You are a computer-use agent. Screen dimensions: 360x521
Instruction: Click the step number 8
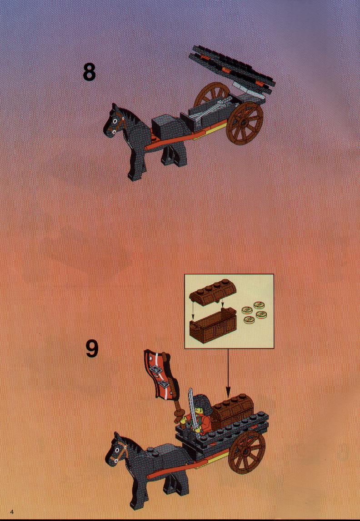click(89, 72)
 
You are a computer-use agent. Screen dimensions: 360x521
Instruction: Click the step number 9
click(92, 349)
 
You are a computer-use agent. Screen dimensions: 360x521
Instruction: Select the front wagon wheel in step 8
click(245, 124)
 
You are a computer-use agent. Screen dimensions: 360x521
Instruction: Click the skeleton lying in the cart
click(212, 108)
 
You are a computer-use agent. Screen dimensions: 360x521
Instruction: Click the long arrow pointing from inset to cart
click(228, 373)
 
